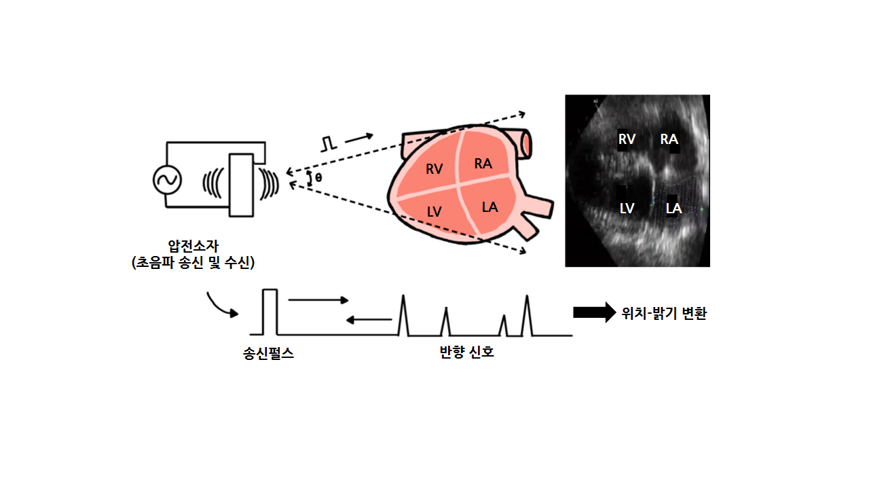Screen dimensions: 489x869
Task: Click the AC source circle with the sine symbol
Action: pyautogui.click(x=166, y=180)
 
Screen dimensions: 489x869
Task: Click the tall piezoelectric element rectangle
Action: pyautogui.click(x=242, y=185)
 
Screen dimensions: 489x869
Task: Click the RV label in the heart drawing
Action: pyautogui.click(x=434, y=169)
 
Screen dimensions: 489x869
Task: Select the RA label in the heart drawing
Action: pyautogui.click(x=483, y=164)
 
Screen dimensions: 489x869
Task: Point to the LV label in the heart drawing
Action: pyautogui.click(x=434, y=212)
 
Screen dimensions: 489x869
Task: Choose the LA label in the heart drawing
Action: pyautogui.click(x=489, y=207)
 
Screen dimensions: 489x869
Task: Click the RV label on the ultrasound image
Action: pyautogui.click(x=627, y=139)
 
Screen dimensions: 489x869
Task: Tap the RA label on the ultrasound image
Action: pyautogui.click(x=669, y=139)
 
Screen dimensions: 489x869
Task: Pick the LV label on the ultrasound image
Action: pyautogui.click(x=627, y=209)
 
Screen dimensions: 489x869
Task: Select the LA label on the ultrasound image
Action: pyautogui.click(x=673, y=209)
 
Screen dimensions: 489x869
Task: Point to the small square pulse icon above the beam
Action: pyautogui.click(x=329, y=144)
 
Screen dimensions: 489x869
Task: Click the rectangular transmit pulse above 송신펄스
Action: pyautogui.click(x=270, y=312)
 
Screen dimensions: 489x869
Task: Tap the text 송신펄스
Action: pyautogui.click(x=269, y=354)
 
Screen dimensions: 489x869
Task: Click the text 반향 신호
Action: pyautogui.click(x=466, y=352)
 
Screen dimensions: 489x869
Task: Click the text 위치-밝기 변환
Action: pyautogui.click(x=663, y=314)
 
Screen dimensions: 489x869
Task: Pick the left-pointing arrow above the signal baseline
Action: pyautogui.click(x=369, y=319)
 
